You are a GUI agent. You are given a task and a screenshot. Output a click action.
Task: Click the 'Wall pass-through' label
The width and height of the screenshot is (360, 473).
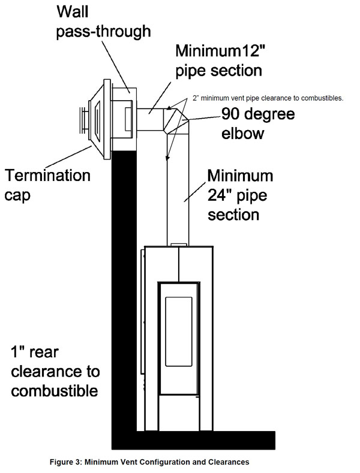coord(104,22)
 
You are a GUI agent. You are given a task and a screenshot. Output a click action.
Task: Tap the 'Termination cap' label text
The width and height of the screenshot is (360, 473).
coord(47,185)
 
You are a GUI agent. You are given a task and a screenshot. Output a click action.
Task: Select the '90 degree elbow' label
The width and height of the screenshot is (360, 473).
coord(258,123)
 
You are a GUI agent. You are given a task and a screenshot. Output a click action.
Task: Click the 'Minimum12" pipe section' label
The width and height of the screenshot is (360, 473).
coord(220,61)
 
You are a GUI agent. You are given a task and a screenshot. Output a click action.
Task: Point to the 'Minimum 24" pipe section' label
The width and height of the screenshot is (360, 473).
coord(240,195)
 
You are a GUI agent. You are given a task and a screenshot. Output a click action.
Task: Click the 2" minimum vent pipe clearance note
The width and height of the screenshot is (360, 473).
coord(268,98)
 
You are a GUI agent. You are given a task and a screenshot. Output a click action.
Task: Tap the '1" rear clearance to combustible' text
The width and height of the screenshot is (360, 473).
coord(55,372)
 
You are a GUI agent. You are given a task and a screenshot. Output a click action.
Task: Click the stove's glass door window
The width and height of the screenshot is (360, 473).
coord(179,332)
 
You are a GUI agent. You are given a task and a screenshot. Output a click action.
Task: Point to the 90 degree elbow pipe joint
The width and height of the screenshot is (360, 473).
coord(176,120)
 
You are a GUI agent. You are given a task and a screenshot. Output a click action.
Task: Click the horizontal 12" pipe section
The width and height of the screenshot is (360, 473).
coord(150,119)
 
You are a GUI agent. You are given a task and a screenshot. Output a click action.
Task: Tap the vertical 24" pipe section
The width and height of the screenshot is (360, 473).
coord(178,187)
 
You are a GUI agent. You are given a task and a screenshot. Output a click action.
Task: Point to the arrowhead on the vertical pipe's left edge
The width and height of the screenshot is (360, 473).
coord(167,158)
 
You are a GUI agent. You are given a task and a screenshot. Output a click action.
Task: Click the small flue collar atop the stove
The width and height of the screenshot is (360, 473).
coord(179,245)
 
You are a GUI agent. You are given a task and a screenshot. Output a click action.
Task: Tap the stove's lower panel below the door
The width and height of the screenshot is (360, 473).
coord(179,413)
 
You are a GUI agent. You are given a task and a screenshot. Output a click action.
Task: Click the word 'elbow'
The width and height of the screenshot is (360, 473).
coord(243,132)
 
